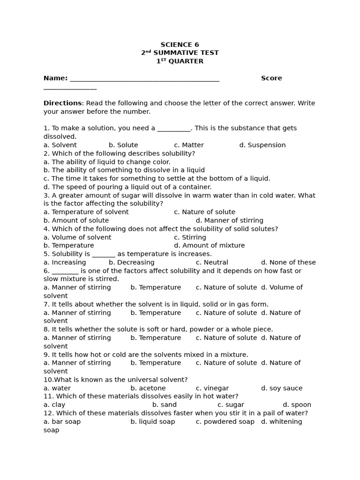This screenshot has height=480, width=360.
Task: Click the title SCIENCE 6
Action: [x=180, y=45]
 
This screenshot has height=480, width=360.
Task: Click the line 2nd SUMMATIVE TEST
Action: [x=180, y=53]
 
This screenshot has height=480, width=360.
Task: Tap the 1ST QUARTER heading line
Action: [x=180, y=61]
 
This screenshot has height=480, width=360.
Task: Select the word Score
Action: [x=271, y=78]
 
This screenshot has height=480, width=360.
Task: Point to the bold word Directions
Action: [x=62, y=103]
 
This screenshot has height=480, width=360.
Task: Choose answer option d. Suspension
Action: [x=262, y=145]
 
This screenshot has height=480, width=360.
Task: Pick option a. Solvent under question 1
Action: [x=60, y=145]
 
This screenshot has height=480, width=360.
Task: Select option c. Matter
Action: [x=188, y=145]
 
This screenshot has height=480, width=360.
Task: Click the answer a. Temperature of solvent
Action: [x=86, y=212]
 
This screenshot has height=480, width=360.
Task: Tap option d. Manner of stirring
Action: [x=229, y=220]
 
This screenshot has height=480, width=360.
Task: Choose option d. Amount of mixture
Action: [x=209, y=246]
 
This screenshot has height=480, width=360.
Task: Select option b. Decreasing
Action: [x=131, y=262]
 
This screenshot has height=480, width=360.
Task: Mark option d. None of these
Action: [x=288, y=262]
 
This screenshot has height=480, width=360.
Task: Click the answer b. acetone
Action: [x=148, y=388]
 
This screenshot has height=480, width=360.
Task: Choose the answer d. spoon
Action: [x=297, y=405]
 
